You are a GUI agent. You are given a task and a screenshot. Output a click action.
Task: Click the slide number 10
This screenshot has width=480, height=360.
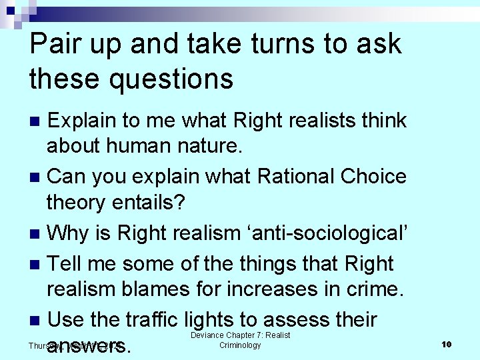pyautogui.click(x=447, y=344)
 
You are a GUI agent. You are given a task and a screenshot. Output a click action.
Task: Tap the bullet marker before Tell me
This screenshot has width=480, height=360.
pyautogui.click(x=37, y=265)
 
